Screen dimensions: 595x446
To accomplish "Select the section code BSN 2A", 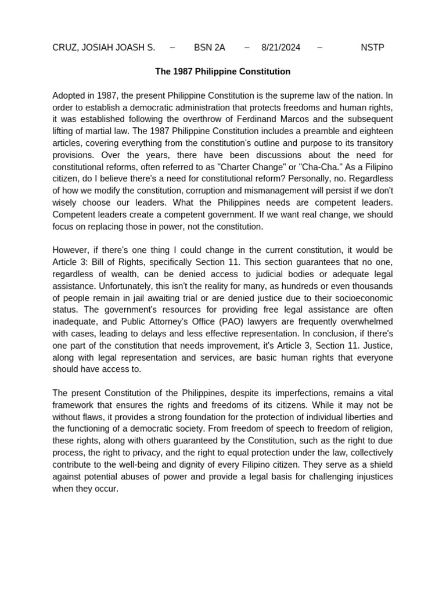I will (x=210, y=48).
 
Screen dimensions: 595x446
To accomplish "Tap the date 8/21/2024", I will (x=281, y=48).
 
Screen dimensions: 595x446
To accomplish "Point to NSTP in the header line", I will (x=372, y=48).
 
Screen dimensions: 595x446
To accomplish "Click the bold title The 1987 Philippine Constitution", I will (x=222, y=71).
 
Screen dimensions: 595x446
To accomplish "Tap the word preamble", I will (x=313, y=131).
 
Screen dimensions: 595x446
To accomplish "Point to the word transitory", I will (x=372, y=143).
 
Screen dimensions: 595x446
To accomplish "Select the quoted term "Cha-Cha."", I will (x=306, y=167).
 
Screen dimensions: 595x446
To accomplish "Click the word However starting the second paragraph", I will (x=71, y=250).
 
